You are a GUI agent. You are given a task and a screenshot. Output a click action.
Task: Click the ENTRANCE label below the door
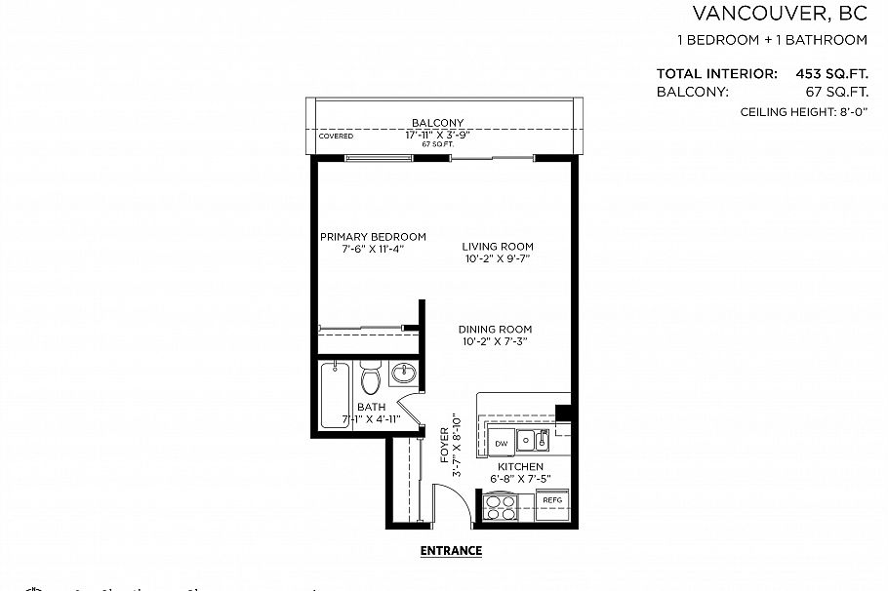(451, 550)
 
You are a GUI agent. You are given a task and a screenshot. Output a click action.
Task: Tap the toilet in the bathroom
(370, 378)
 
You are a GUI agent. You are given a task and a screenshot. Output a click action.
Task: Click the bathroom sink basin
(402, 373)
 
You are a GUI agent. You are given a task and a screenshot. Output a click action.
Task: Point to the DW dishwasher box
(501, 443)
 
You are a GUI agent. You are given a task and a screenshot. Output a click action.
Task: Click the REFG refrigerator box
(552, 500)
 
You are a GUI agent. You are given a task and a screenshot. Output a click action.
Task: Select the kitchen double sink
(533, 441)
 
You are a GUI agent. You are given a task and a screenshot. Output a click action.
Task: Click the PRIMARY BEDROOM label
(373, 237)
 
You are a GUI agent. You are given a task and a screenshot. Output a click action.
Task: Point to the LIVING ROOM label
(498, 247)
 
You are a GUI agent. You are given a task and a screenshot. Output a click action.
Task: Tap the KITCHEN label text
(519, 467)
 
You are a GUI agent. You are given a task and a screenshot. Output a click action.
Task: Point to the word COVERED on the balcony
(337, 137)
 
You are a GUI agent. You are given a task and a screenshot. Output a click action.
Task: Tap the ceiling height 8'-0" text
(804, 113)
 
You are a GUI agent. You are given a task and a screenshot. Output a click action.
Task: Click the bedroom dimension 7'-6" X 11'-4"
(373, 250)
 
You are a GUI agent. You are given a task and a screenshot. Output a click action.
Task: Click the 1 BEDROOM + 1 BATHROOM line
(772, 41)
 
